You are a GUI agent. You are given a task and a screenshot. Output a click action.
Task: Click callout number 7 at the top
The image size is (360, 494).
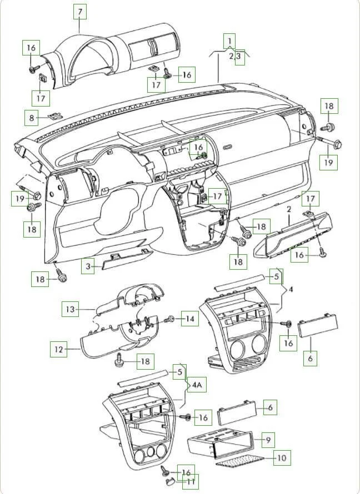79,11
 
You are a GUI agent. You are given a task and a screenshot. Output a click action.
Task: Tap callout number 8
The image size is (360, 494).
32,118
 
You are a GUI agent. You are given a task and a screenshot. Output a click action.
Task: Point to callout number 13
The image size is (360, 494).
69,308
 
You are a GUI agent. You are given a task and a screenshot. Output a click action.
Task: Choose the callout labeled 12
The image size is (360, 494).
58,350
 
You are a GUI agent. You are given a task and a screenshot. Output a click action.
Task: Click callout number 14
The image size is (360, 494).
190,319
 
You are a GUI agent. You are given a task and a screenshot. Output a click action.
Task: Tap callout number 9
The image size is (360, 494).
268,440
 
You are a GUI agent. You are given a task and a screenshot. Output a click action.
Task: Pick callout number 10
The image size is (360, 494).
282,458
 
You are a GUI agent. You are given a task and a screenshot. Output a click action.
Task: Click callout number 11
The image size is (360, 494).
191,481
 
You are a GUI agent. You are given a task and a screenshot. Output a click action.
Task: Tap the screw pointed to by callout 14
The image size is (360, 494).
172,320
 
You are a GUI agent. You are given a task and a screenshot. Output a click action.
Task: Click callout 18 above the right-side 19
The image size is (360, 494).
329,105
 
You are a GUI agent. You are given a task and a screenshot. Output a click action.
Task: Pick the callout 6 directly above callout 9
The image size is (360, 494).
269,407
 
